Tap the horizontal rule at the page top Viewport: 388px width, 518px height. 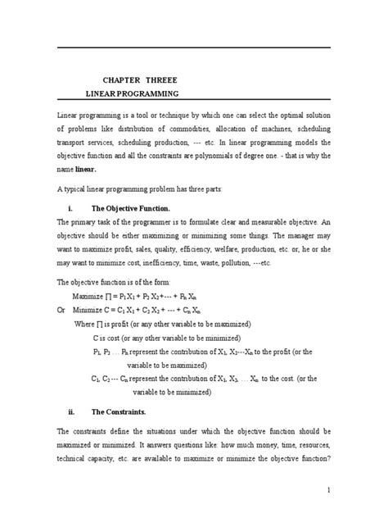[194, 48]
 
